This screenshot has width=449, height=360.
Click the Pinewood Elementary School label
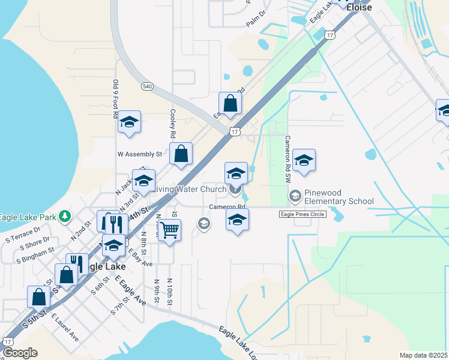pyautogui.click(x=339, y=197)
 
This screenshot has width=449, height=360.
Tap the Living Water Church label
pyautogui.click(x=188, y=190)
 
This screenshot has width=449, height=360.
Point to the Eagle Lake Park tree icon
pyautogui.click(x=65, y=216)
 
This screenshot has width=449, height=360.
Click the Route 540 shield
pyautogui.click(x=148, y=86)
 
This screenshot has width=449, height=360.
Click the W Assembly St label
pyautogui.click(x=140, y=154)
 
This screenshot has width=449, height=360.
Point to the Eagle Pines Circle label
pyautogui.click(x=302, y=214)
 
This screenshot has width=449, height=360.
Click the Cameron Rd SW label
pyautogui.click(x=288, y=158)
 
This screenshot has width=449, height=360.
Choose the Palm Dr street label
pyautogui.click(x=255, y=22)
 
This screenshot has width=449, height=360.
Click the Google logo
pyautogui.click(x=20, y=353)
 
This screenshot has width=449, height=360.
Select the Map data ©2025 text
pyautogui.click(x=423, y=355)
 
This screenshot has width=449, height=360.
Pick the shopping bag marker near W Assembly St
pyautogui.click(x=181, y=154)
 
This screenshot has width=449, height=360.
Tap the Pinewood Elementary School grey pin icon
pyautogui.click(x=295, y=196)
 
